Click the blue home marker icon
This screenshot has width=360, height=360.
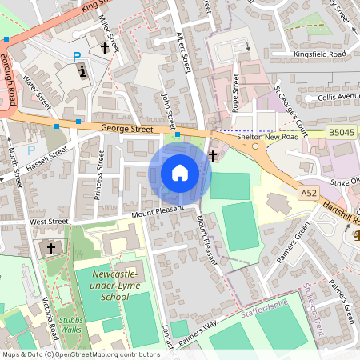tap(180, 172)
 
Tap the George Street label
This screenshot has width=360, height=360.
tap(126, 127)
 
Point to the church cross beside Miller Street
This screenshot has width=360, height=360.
tap(104, 49)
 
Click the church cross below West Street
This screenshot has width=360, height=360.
tap(51, 249)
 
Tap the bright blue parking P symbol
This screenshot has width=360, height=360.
tap(77, 57)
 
